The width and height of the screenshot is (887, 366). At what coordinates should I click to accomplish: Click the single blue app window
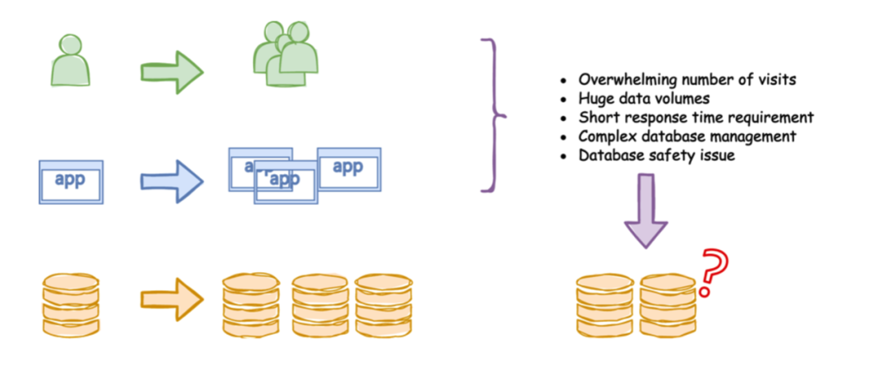[71, 182]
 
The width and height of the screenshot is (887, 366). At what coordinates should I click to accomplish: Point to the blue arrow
[171, 180]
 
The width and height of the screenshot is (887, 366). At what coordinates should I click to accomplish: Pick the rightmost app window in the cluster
[348, 169]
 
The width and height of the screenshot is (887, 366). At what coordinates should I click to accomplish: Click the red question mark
[713, 271]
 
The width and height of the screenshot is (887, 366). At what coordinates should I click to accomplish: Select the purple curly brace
[494, 114]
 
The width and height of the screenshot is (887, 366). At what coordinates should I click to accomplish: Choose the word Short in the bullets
[598, 118]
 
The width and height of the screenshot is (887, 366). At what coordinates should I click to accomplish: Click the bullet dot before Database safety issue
[563, 155]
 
